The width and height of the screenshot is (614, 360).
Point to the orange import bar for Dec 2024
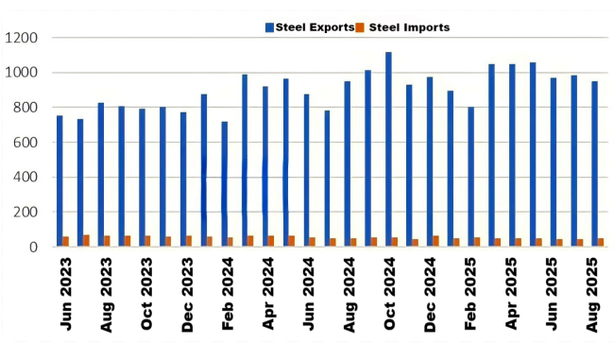point(435,241)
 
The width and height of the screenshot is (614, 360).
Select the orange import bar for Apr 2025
point(518,242)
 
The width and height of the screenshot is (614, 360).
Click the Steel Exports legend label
point(315,27)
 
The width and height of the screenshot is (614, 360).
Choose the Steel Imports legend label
point(408,27)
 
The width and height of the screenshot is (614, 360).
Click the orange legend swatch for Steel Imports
point(361,27)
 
